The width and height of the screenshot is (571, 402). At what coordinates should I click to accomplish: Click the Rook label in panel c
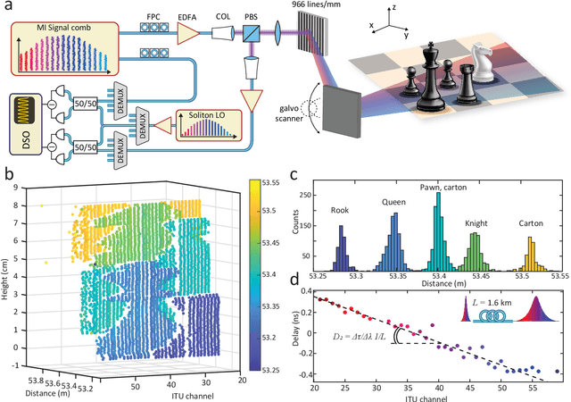click(x=340, y=211)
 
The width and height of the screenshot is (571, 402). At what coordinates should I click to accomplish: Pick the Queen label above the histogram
click(x=393, y=200)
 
